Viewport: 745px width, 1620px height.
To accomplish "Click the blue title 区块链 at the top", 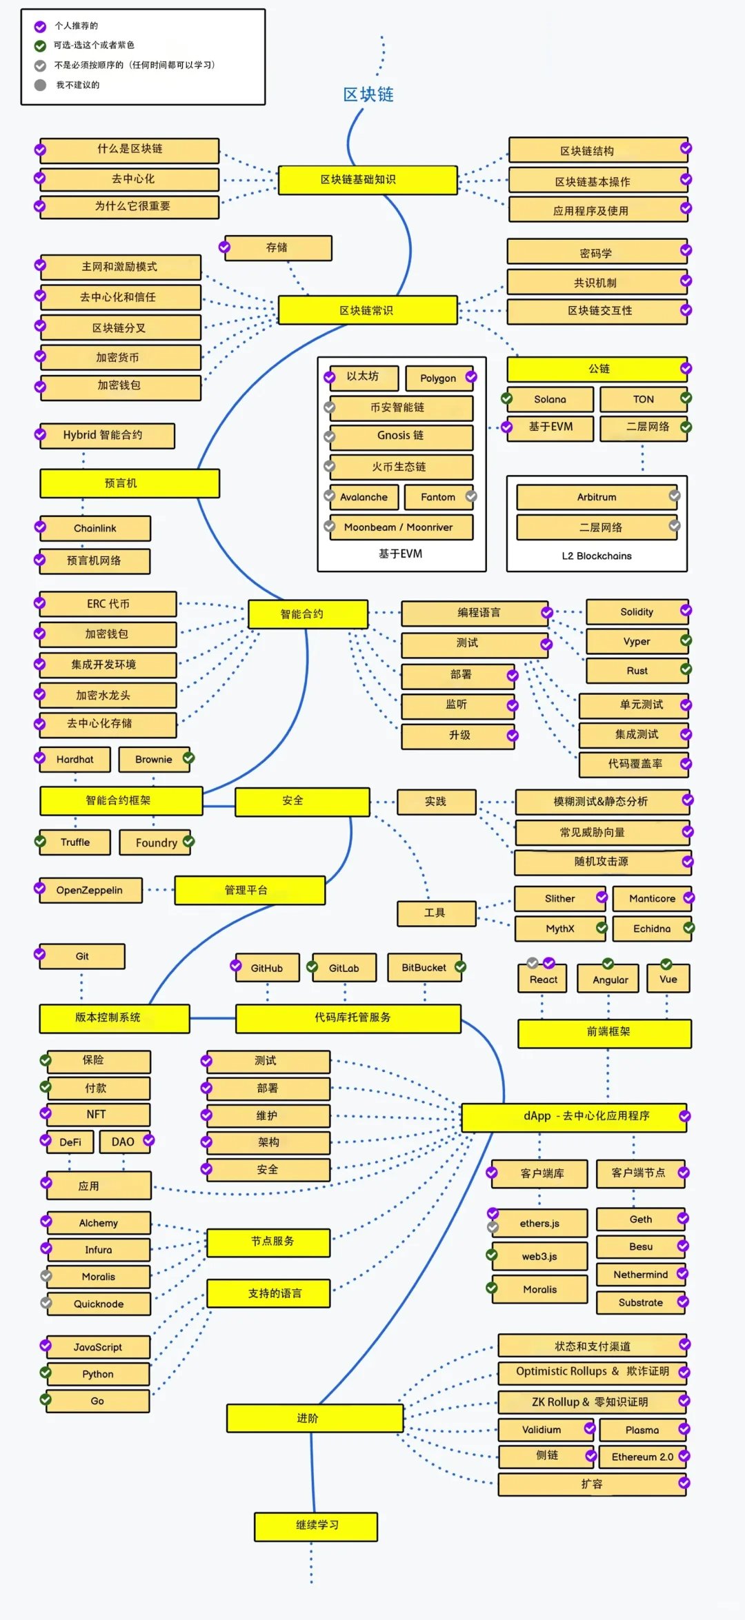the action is click(368, 94).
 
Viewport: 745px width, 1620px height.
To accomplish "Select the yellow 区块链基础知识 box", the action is click(368, 180).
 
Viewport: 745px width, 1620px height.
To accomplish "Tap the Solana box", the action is click(550, 399).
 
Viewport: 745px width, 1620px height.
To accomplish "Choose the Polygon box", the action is click(438, 378).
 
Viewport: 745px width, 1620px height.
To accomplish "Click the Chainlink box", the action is click(95, 528).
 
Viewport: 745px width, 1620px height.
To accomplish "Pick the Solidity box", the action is click(637, 612).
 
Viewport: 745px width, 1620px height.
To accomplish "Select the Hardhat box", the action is click(75, 760).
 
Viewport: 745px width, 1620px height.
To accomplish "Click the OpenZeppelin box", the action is click(90, 890).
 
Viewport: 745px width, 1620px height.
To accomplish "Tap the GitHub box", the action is click(267, 968).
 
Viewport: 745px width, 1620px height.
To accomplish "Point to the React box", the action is click(543, 979).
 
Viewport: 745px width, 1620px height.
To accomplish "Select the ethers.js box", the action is click(539, 1223).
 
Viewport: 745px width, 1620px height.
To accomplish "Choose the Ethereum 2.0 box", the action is click(642, 1457).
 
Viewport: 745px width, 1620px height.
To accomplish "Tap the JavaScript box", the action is click(98, 1347).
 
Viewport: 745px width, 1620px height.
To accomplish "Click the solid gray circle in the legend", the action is click(41, 85).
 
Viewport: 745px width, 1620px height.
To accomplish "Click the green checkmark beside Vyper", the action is click(686, 640).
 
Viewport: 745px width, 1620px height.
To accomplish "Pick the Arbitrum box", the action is click(597, 497).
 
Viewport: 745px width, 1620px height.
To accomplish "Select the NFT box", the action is click(97, 1115).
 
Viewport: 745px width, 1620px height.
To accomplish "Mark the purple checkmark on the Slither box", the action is click(602, 897).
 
